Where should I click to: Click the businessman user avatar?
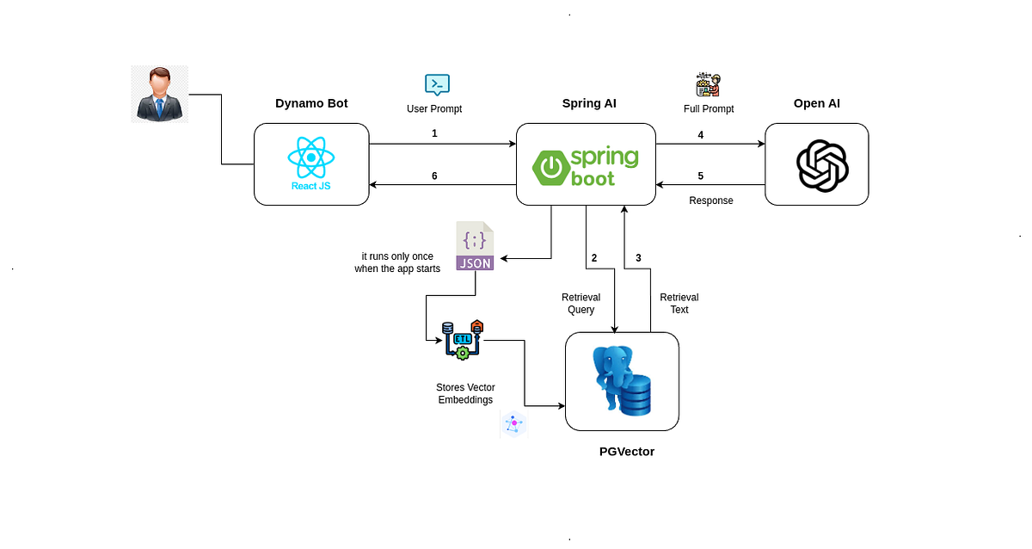click(159, 94)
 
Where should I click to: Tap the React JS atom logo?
click(310, 159)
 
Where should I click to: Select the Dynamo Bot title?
click(311, 103)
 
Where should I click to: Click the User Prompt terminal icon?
click(437, 84)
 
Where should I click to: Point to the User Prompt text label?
click(434, 109)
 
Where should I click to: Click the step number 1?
click(434, 133)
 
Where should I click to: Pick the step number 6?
click(434, 176)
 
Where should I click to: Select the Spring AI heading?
click(589, 103)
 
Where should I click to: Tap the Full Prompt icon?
click(707, 84)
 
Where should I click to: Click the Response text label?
click(711, 200)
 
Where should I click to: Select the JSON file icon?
click(475, 247)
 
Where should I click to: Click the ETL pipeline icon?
click(462, 340)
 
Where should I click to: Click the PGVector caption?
click(626, 451)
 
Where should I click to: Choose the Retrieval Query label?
click(581, 304)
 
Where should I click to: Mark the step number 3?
click(638, 257)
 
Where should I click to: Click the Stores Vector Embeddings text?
click(465, 394)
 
